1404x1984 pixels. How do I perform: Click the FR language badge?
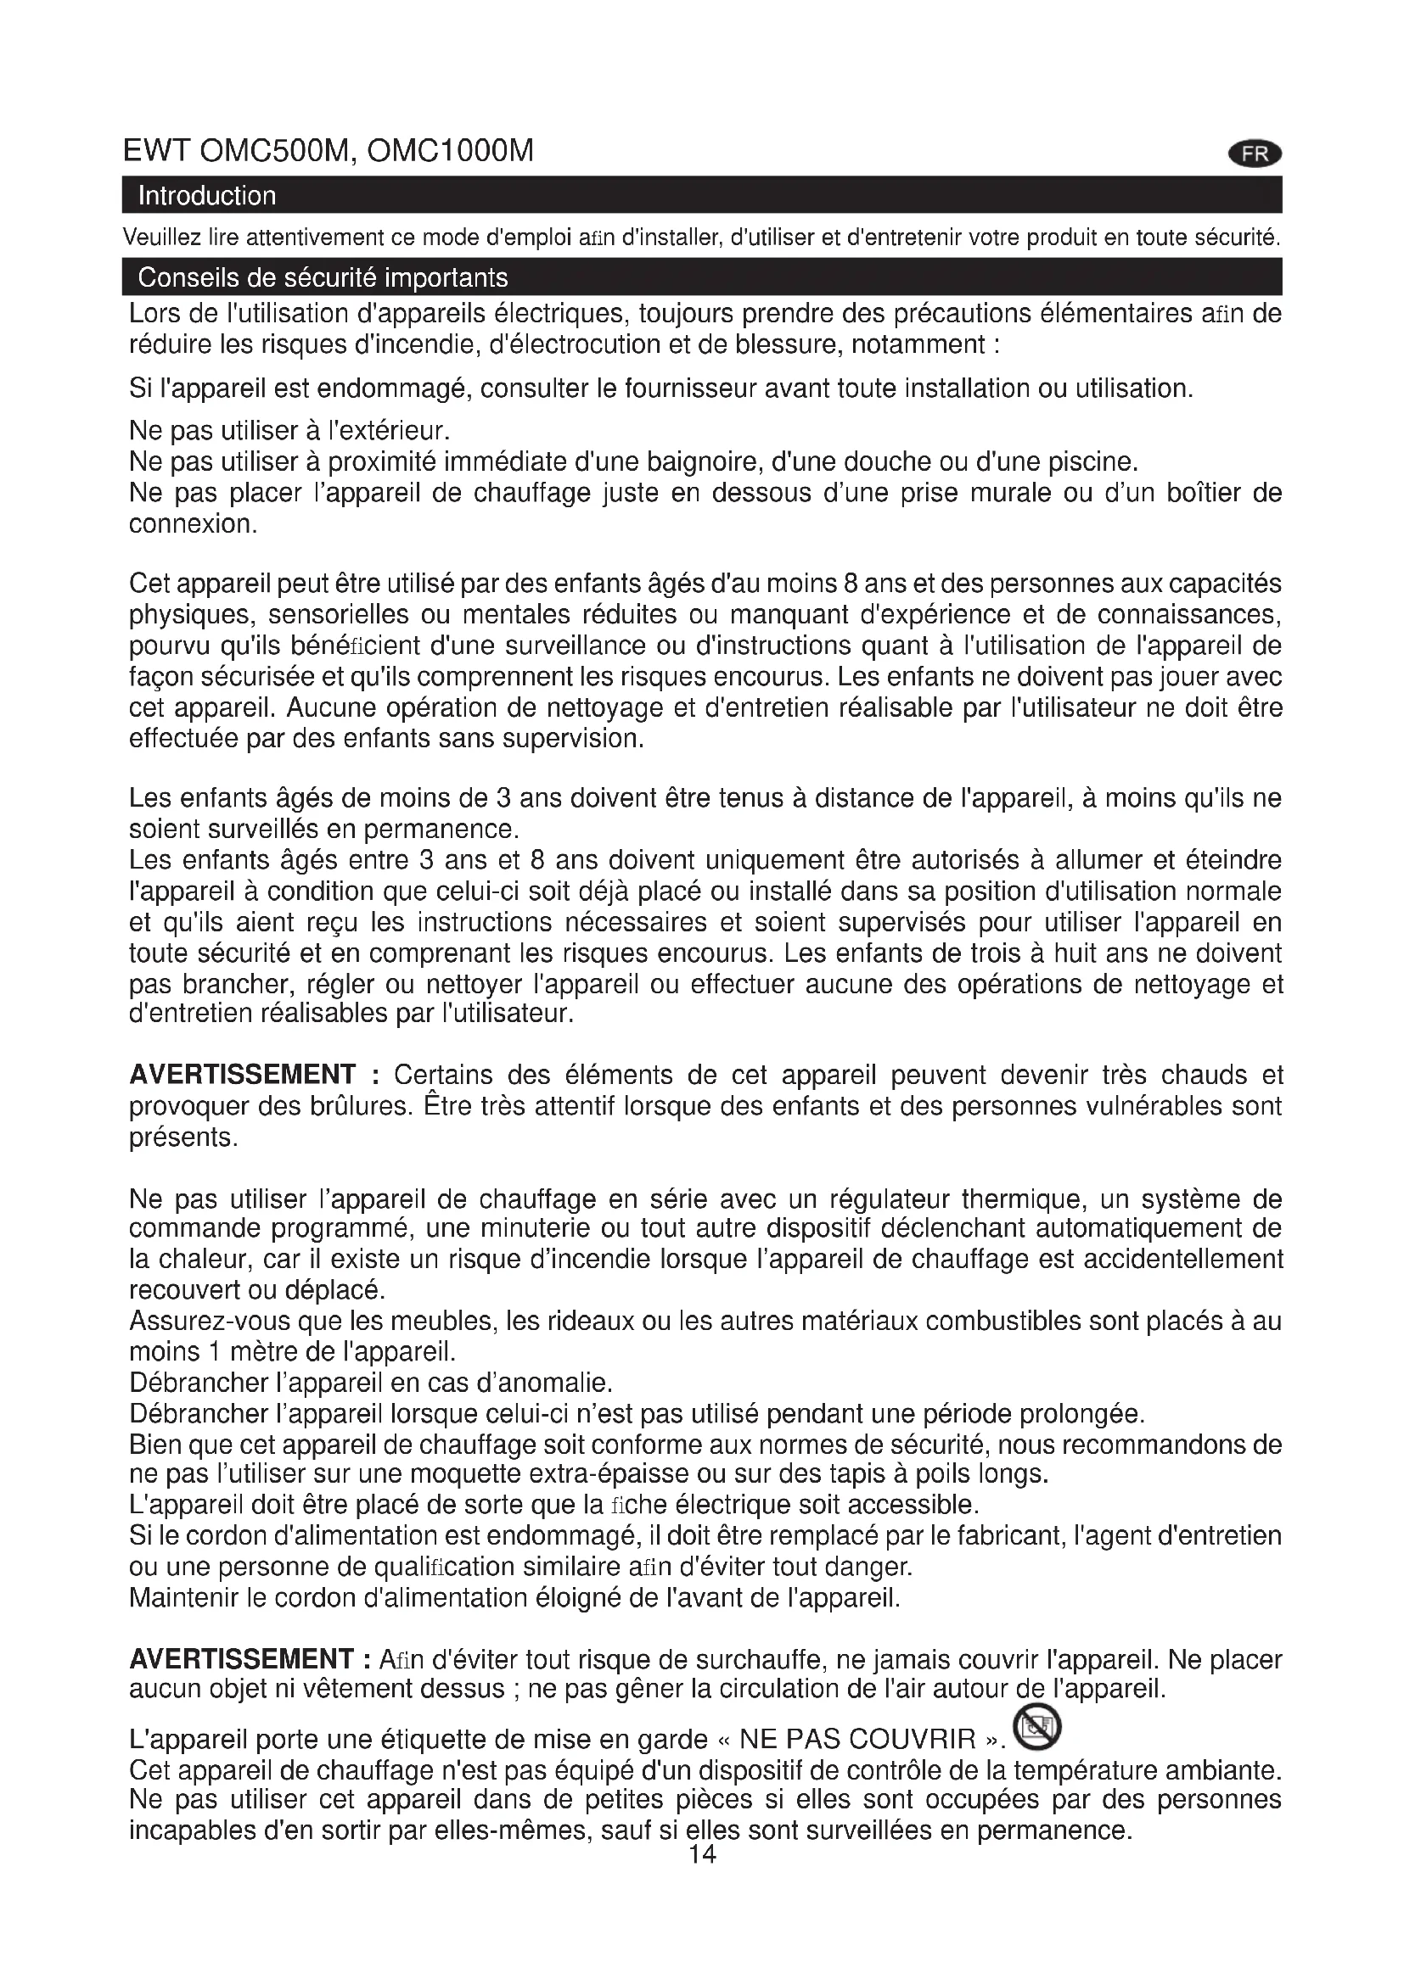(1255, 154)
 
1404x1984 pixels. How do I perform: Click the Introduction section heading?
(206, 196)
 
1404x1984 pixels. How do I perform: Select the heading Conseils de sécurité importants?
(323, 278)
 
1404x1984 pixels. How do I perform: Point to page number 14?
(702, 1854)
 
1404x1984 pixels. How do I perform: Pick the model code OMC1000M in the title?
(451, 151)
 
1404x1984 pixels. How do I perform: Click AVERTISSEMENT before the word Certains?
(243, 1075)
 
